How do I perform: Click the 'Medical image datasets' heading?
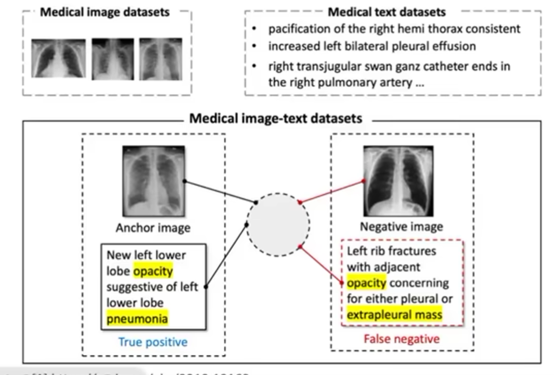point(105,12)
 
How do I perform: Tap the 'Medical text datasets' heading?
point(387,12)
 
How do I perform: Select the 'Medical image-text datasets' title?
point(276,118)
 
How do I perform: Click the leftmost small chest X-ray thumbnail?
point(58,59)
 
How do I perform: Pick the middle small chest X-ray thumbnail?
point(113,59)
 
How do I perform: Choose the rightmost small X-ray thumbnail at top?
point(160,58)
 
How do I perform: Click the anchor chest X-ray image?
point(153,181)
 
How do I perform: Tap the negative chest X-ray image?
point(398,181)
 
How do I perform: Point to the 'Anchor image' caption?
point(153,228)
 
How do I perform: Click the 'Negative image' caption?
point(401,227)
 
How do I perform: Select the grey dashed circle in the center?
point(278,224)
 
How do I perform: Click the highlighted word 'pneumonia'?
point(137,318)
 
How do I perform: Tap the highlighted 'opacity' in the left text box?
point(153,271)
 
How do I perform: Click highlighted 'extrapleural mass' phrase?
point(394,315)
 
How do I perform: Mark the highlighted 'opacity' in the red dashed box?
point(366,283)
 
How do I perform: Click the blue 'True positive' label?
point(153,342)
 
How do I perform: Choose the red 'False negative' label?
point(401,339)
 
